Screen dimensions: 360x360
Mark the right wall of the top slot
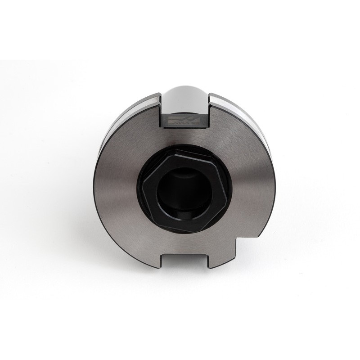209,110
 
